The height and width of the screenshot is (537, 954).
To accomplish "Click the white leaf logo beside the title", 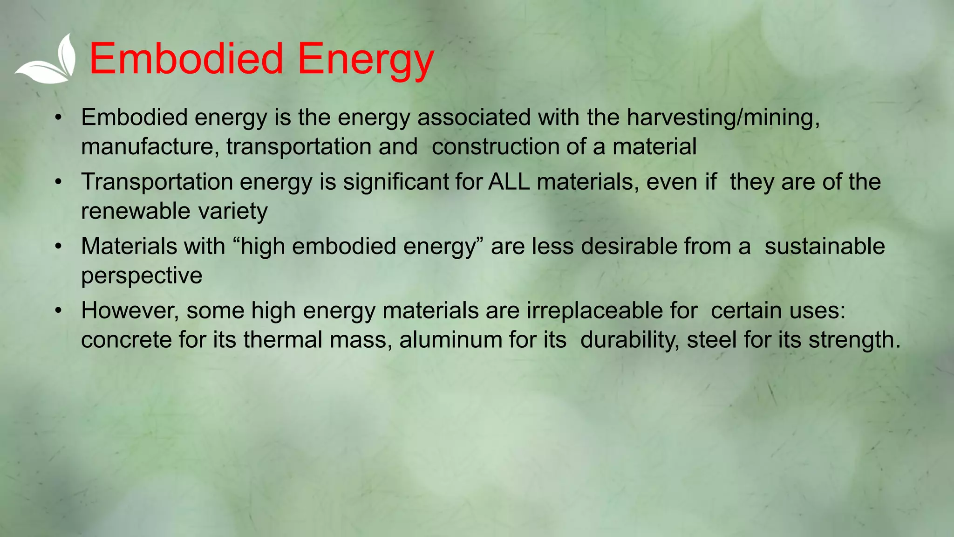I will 47,61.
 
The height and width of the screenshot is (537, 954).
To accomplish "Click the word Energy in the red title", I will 365,60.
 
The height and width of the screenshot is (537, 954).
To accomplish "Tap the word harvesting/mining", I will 722,117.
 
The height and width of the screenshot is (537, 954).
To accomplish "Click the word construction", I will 495,147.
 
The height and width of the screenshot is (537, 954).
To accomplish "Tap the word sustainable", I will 825,246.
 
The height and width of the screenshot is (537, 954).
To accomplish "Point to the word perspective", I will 142,275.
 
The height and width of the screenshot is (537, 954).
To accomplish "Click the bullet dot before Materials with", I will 58,246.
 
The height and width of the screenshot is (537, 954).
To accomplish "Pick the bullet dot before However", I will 58,310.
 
